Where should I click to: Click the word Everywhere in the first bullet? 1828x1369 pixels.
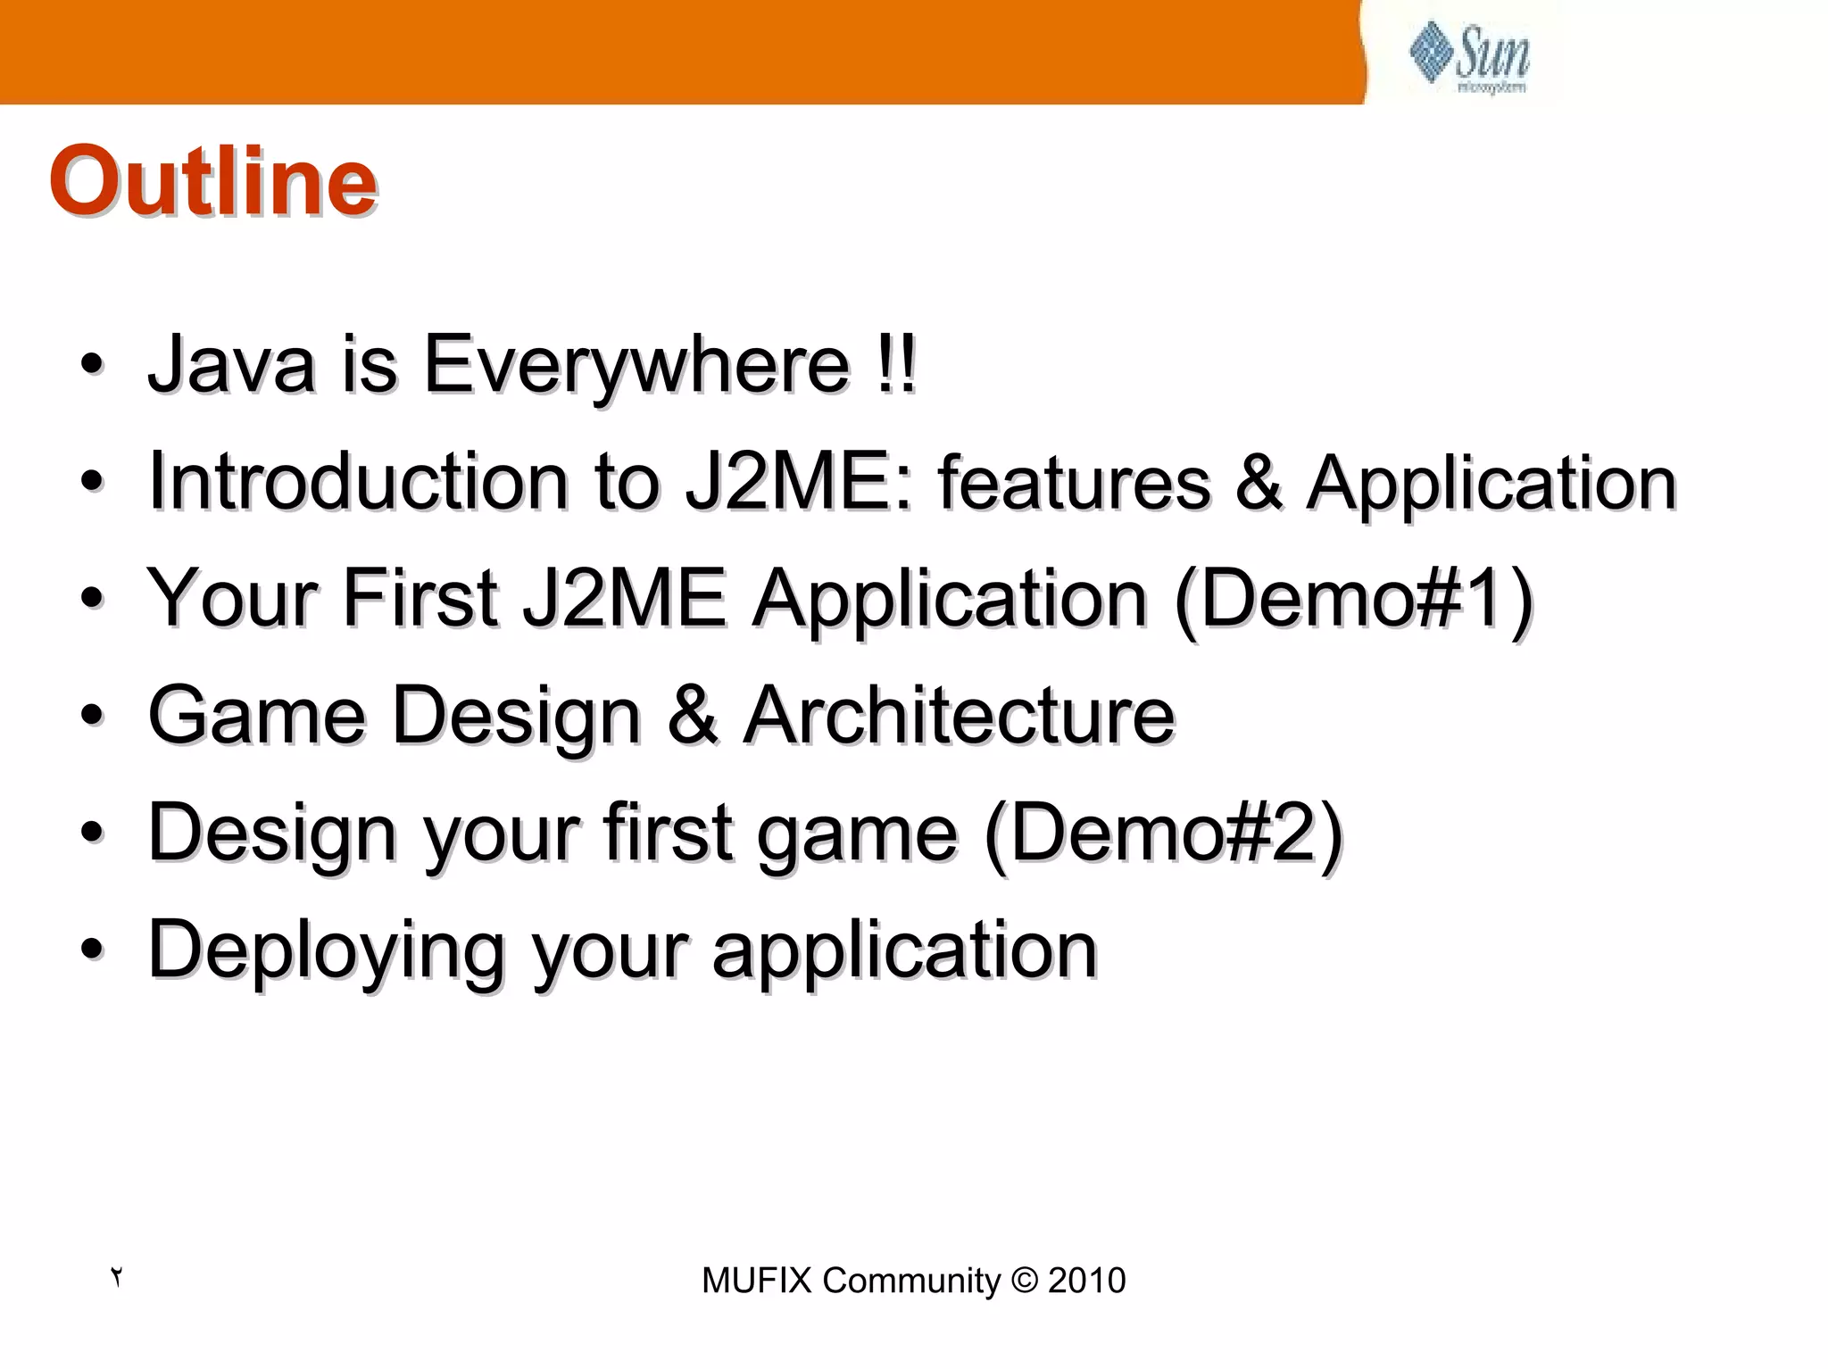click(636, 364)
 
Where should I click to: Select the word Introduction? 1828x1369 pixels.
click(358, 482)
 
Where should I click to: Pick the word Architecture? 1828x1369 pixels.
click(959, 715)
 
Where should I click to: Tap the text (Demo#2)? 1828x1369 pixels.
click(1164, 832)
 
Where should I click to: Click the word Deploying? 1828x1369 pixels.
click(326, 950)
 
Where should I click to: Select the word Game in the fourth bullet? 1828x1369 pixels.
click(257, 715)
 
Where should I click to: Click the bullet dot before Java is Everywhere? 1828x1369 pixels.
click(91, 365)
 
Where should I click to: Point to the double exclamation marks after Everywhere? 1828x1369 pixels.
click(895, 364)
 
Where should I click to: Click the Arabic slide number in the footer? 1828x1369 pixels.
click(116, 1277)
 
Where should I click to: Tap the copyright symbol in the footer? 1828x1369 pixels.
click(1025, 1281)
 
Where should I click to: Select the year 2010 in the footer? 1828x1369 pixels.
click(1086, 1281)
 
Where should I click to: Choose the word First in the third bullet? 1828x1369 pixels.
click(420, 598)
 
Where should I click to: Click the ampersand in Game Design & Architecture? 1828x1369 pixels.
click(693, 715)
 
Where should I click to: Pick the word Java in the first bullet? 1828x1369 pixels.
click(231, 364)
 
